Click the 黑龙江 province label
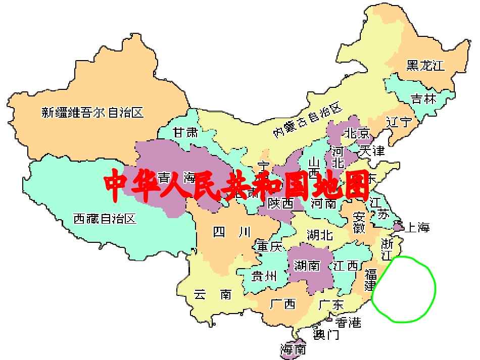coord(425,65)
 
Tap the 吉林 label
coord(423,98)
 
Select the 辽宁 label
coord(399,122)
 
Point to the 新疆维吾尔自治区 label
coord(92,112)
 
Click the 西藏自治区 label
coord(105,219)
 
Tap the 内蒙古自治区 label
coord(308,119)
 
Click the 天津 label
coord(372,150)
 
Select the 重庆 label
coord(269,246)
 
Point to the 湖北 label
coord(320,235)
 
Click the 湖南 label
coord(307,266)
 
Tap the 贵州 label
coord(264,276)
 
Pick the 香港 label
coord(349,322)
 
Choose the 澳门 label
coord(326,334)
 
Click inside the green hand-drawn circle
coord(404,289)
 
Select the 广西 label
coord(283,304)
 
